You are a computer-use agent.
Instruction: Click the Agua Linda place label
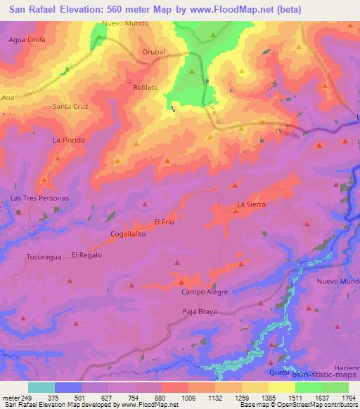(27, 40)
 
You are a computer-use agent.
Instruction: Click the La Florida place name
(69, 140)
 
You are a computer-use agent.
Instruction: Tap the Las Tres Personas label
(39, 198)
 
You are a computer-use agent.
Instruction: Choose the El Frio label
(163, 221)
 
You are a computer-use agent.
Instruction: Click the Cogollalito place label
(128, 234)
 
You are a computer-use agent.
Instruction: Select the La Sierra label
(250, 204)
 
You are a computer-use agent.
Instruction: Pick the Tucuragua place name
(44, 257)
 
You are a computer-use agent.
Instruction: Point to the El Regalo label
(86, 255)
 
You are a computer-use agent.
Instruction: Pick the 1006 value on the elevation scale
(188, 398)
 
